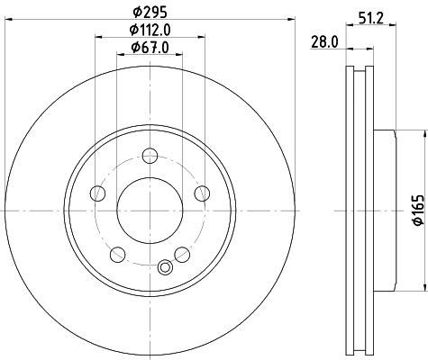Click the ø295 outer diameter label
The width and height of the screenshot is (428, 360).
point(150,13)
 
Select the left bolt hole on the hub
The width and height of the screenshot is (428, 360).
point(97,192)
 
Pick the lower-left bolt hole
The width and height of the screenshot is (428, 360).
point(117,253)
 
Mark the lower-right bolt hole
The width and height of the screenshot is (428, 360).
point(182,253)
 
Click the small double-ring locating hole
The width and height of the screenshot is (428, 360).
point(164,266)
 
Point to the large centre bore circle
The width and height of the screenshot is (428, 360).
point(150,210)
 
